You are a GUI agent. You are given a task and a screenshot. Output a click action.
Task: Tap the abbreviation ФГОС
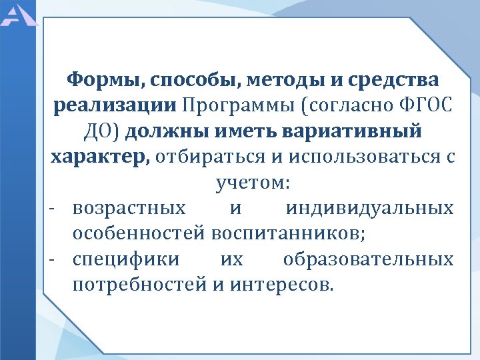click(x=425, y=106)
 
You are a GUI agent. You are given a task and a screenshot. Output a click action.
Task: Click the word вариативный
click(x=359, y=131)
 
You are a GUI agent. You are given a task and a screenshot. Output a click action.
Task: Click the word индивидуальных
click(x=369, y=208)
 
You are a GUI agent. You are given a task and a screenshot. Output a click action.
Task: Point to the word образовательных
click(x=368, y=259)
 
